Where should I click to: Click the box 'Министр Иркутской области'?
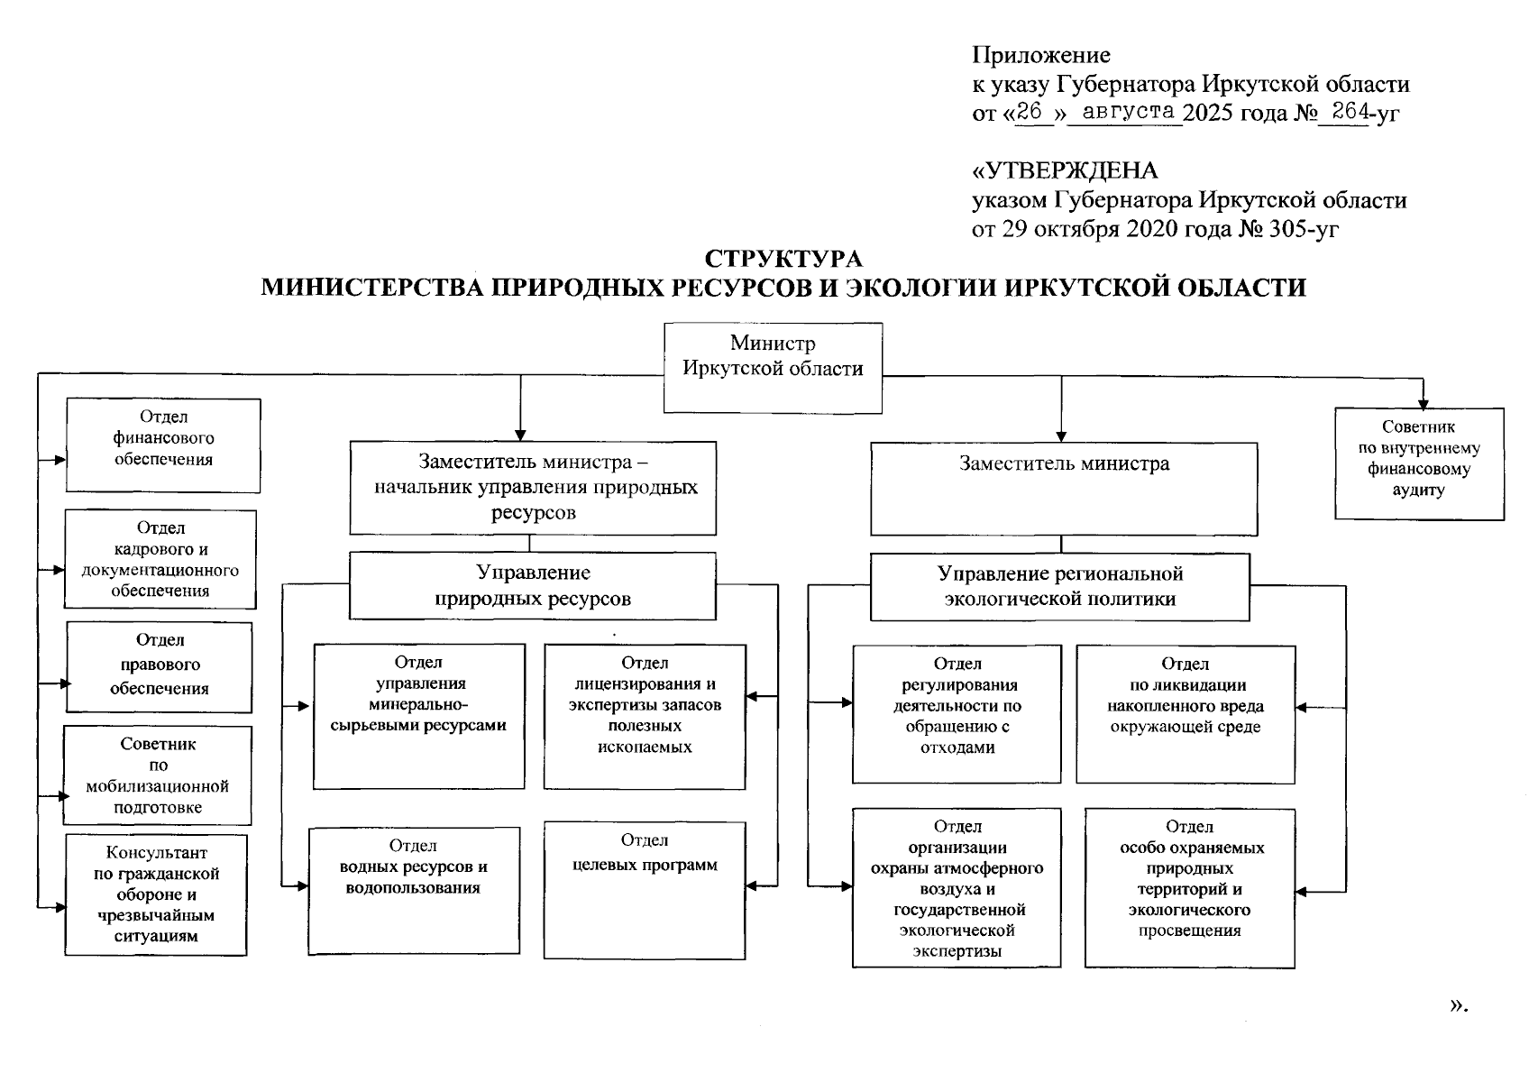click(x=773, y=368)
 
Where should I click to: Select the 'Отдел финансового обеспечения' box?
click(x=163, y=445)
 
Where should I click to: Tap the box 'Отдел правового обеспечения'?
click(x=159, y=666)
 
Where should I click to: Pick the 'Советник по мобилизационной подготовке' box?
click(x=157, y=775)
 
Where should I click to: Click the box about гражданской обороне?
click(x=156, y=894)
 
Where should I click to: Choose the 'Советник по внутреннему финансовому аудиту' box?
click(x=1418, y=463)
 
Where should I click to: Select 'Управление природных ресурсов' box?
click(x=532, y=586)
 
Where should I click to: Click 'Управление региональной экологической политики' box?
click(x=1059, y=587)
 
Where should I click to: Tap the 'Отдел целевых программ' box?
click(x=644, y=889)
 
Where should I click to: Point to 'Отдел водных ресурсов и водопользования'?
click(x=413, y=890)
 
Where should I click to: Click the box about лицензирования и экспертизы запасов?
click(x=644, y=716)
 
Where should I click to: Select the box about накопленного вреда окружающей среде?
click(x=1185, y=713)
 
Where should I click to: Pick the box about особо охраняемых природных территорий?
click(x=1189, y=888)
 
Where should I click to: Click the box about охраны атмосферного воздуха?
click(x=957, y=888)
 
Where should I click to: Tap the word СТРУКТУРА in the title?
click(x=783, y=259)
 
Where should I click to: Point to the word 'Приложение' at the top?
click(x=1040, y=55)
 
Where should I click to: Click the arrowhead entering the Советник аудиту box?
click(x=1424, y=403)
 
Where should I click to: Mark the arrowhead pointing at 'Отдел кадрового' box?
click(x=60, y=570)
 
